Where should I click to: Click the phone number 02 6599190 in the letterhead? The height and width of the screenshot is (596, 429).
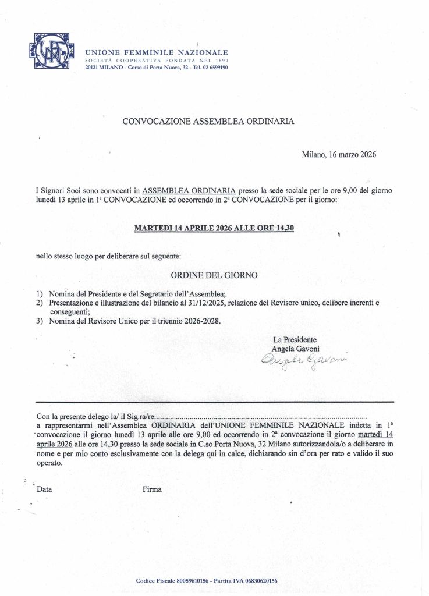point(211,68)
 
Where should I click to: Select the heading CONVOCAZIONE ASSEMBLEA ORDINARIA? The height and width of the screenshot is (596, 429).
point(208,122)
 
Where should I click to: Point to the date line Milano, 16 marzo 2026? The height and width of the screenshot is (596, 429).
point(339,155)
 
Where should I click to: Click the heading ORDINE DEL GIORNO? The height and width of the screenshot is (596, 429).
point(214,274)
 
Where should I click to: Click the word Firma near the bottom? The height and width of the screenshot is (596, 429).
point(152,489)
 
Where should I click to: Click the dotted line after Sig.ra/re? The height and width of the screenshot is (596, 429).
point(262,417)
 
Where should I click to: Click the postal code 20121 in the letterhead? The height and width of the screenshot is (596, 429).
point(94,68)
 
